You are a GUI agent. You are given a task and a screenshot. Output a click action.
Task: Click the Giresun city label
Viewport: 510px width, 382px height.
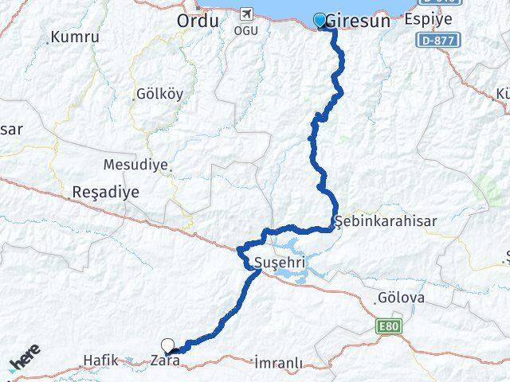[x=363, y=21]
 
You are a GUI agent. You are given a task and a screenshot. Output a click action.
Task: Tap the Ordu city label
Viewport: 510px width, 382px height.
[x=197, y=21]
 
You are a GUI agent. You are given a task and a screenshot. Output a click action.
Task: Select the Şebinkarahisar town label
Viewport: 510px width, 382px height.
[x=386, y=221]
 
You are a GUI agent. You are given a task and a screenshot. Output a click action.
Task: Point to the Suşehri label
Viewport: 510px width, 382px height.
[x=279, y=262]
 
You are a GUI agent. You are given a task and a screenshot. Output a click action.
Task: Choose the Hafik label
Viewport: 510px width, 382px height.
[x=100, y=361]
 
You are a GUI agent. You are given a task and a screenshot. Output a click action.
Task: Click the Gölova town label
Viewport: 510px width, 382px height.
[x=402, y=299]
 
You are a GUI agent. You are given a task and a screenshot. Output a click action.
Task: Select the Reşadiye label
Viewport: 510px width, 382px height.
[x=105, y=192]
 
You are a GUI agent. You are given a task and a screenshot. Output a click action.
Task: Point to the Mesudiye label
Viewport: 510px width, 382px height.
[x=135, y=166]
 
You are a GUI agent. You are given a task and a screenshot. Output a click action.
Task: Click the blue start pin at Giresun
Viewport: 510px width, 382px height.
[x=320, y=20]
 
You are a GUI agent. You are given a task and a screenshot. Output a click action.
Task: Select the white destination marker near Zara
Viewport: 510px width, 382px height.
[x=167, y=345]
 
